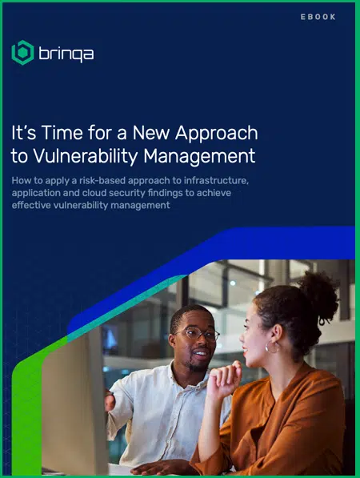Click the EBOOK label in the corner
[318, 17]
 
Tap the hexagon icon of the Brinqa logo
[22, 52]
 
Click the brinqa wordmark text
[66, 54]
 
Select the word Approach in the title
[217, 133]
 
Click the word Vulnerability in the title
[86, 157]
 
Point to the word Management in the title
[199, 157]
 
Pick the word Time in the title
[62, 133]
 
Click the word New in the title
[150, 133]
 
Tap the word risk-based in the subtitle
[102, 180]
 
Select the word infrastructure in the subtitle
[216, 180]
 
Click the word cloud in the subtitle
[94, 193]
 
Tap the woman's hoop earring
[272, 347]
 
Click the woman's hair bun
[320, 294]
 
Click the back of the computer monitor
[73, 403]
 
